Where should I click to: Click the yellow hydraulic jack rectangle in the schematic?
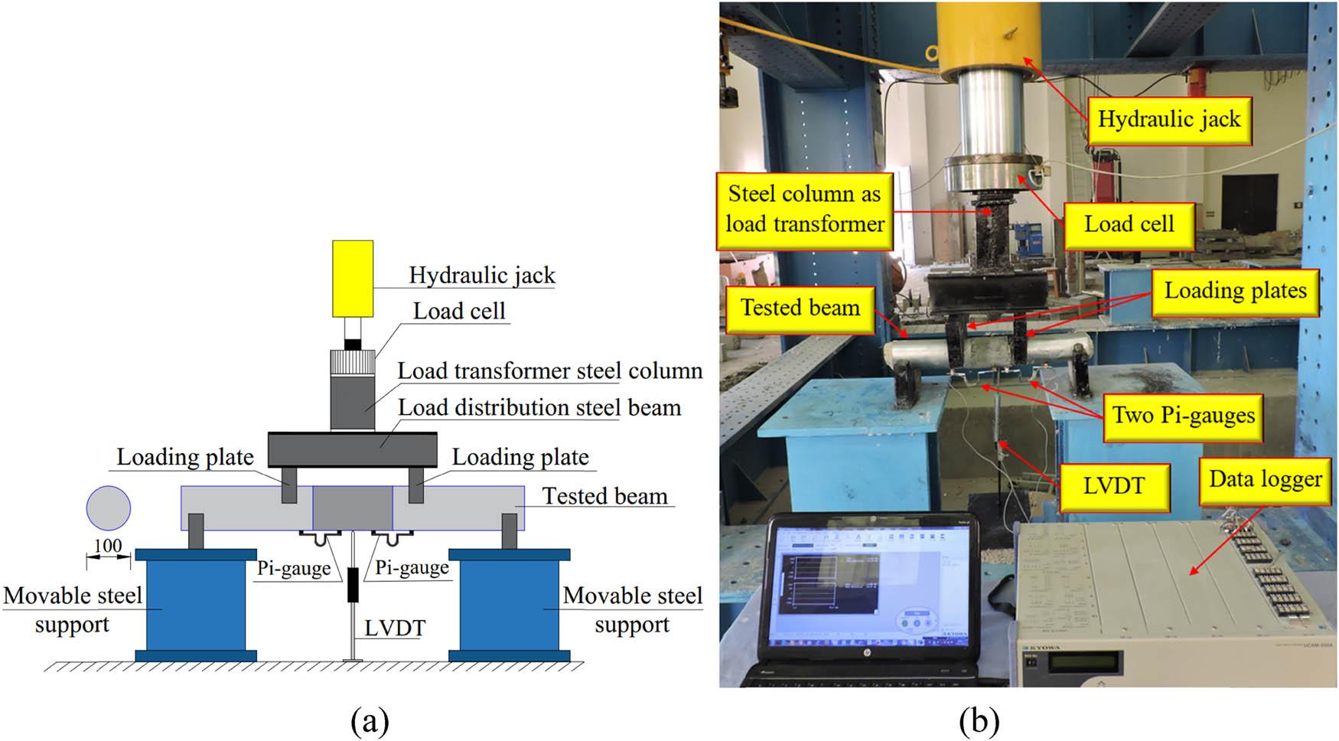coord(353,279)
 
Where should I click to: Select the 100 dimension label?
coord(107,546)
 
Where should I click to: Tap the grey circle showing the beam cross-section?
coord(108,508)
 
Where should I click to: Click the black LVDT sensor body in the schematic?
coord(353,585)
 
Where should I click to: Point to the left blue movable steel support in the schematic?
coord(196,605)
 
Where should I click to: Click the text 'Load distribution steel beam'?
coord(539,408)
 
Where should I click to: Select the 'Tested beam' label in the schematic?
coord(604,496)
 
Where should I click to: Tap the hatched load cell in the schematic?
coord(353,363)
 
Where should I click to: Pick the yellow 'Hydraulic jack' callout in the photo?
coord(1168,120)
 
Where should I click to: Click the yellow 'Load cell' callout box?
coord(1129,225)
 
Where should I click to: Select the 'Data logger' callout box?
coord(1265,480)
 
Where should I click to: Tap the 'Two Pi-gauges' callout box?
coord(1183,416)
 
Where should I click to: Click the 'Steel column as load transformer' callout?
coord(804,209)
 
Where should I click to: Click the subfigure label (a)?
coord(370,720)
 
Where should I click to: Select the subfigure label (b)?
coord(979,720)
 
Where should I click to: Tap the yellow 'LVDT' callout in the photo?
coord(1113,486)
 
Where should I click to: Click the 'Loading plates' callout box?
coord(1235,291)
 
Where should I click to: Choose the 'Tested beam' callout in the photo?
coord(800,308)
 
